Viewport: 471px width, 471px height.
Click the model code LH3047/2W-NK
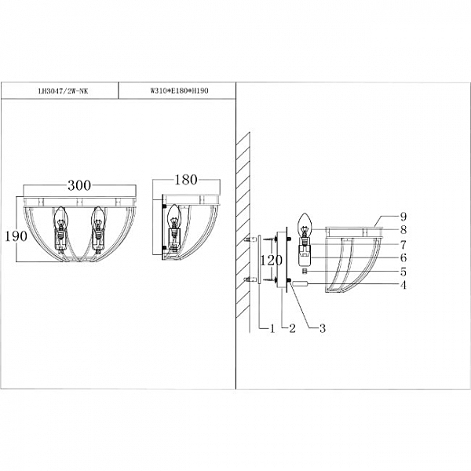point(63,91)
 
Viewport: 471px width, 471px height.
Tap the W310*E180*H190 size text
point(179,91)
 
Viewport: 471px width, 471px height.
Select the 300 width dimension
point(79,185)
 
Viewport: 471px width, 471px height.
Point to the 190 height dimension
point(16,236)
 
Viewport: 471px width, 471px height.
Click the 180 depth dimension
point(186,180)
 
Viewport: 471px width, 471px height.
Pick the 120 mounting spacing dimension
point(271,260)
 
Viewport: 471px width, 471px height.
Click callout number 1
point(272,328)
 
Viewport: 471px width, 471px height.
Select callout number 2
point(292,328)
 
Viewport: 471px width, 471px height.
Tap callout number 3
point(323,328)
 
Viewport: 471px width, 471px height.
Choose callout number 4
point(403,285)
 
